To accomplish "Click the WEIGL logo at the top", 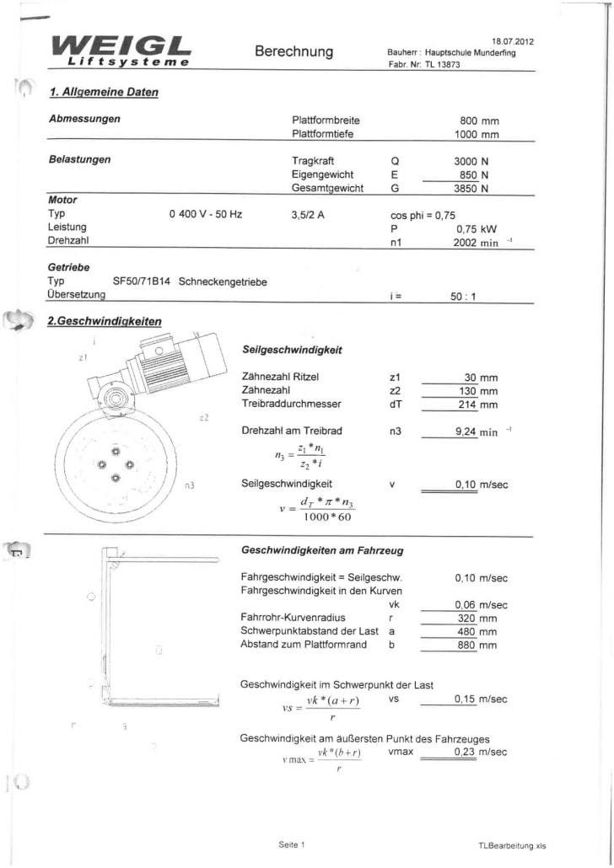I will click(x=121, y=50).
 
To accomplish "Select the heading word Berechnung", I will click(x=294, y=51).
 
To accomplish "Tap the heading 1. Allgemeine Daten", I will click(x=104, y=92).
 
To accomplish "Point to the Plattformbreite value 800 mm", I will click(x=479, y=121).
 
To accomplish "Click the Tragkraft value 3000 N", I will click(x=471, y=160).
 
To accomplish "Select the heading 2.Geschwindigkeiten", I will click(x=105, y=320).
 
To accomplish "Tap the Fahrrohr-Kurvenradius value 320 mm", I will click(x=476, y=618).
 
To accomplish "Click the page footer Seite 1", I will click(x=292, y=844).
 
